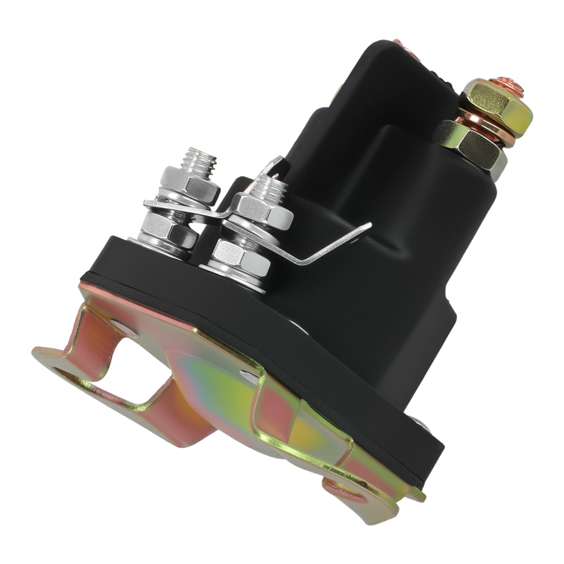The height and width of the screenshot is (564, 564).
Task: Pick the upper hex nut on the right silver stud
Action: [262, 210]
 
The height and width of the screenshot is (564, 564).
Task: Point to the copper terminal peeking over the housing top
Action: [399, 43]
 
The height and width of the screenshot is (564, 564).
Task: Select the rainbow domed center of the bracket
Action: [226, 389]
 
